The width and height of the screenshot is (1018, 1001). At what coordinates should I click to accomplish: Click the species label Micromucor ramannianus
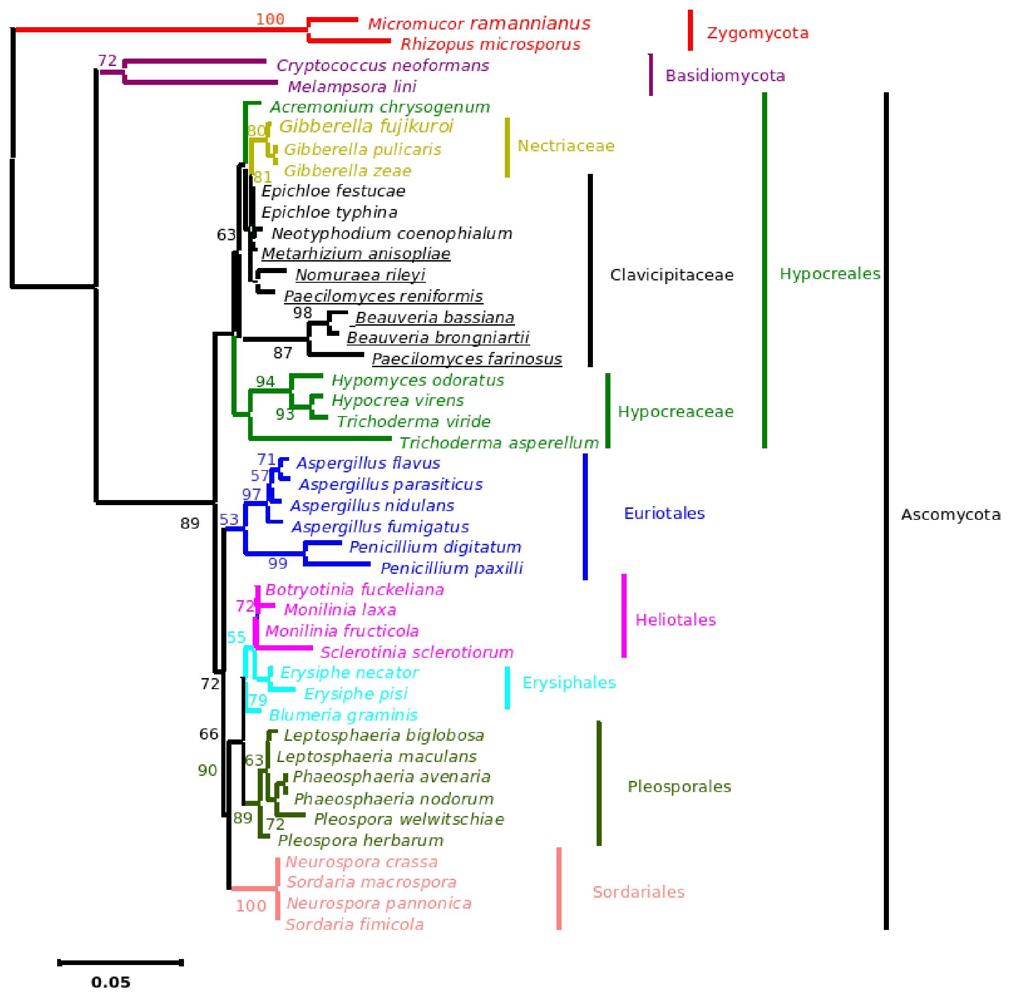click(x=479, y=24)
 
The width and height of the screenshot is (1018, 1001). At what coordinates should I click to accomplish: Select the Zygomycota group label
click(x=757, y=33)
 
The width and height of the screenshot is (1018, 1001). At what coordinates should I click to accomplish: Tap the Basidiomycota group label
click(x=725, y=76)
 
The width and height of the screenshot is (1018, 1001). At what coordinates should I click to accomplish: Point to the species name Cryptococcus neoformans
click(x=383, y=66)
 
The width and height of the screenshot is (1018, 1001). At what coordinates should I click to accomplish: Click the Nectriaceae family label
click(x=566, y=146)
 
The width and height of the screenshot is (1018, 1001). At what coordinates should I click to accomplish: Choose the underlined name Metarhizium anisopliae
click(x=356, y=254)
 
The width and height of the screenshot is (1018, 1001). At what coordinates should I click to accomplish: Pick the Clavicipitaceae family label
click(x=671, y=275)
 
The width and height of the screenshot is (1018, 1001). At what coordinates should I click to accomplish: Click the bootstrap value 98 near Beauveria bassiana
click(x=303, y=313)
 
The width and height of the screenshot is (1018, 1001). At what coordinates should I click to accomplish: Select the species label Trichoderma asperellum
click(x=499, y=443)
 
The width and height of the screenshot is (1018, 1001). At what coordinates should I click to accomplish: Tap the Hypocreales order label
click(x=829, y=274)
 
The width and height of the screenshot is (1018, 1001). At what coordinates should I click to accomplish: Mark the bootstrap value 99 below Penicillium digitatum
click(x=278, y=564)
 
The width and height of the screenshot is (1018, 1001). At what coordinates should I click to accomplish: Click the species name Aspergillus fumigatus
click(x=380, y=527)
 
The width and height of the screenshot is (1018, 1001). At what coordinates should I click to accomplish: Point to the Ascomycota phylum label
click(x=950, y=514)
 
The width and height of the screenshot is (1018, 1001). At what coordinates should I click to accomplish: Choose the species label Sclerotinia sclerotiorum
click(x=416, y=652)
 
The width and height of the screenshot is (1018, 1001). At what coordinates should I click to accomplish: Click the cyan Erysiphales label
click(x=568, y=682)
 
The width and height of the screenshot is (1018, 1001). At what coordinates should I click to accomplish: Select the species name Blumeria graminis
click(x=343, y=715)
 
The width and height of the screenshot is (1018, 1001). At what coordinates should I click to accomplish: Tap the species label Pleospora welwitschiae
click(x=409, y=819)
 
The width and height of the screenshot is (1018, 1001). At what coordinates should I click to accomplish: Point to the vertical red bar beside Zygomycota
click(x=690, y=30)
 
